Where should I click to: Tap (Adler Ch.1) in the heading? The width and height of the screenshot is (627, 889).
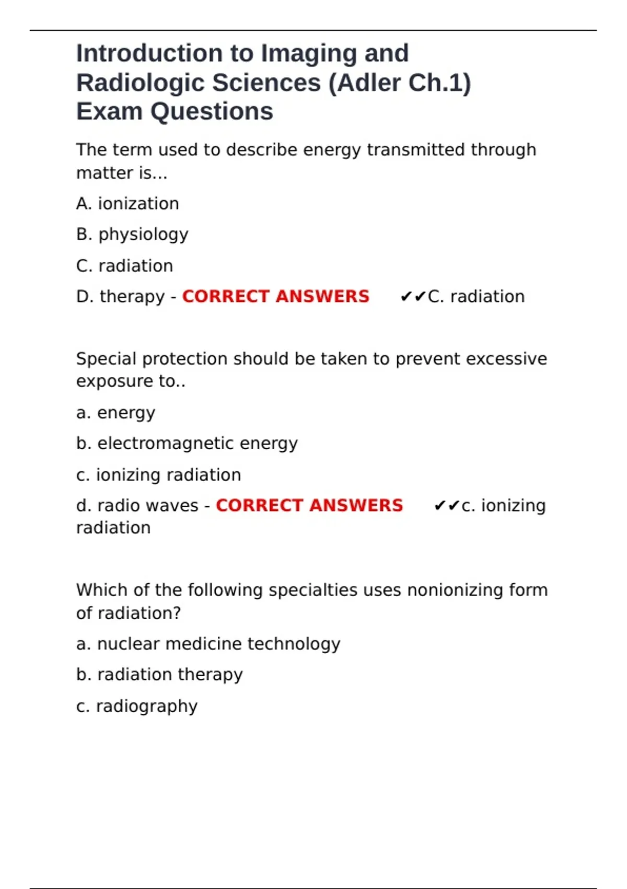[x=399, y=83]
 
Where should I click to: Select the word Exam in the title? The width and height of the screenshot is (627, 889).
[x=110, y=112]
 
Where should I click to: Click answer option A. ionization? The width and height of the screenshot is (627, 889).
[x=127, y=203]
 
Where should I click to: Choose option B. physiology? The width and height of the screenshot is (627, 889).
[x=132, y=234]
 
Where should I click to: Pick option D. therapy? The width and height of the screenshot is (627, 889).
[x=121, y=297]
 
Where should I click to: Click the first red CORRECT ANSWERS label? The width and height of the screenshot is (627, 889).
[x=275, y=297]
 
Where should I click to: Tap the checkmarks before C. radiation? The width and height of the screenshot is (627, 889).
[x=413, y=297]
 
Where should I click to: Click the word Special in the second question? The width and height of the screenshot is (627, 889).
[x=107, y=359]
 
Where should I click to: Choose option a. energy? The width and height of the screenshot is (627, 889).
[x=115, y=413]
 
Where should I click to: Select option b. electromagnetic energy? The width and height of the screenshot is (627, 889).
[x=187, y=443]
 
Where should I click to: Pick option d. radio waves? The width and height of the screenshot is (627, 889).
[x=137, y=506]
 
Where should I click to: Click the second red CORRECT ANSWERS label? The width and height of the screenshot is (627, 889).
[x=309, y=506]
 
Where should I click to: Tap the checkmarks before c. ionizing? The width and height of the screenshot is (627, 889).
[x=446, y=506]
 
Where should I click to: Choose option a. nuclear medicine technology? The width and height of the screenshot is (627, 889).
[x=208, y=644]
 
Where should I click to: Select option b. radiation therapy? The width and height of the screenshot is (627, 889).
[x=159, y=675]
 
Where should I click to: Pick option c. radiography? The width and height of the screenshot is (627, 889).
[x=137, y=706]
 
